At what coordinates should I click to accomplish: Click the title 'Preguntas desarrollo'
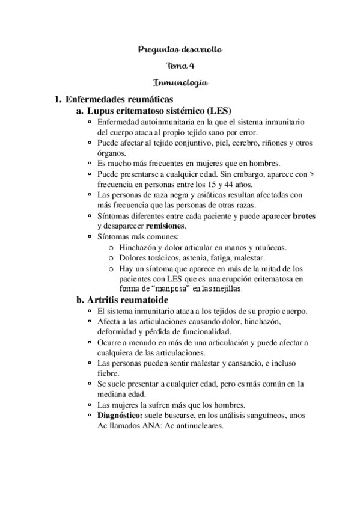coord(180,49)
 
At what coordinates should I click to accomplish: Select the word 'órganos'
coord(109,153)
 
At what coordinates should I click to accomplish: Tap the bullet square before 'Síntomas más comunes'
coord(90,236)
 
